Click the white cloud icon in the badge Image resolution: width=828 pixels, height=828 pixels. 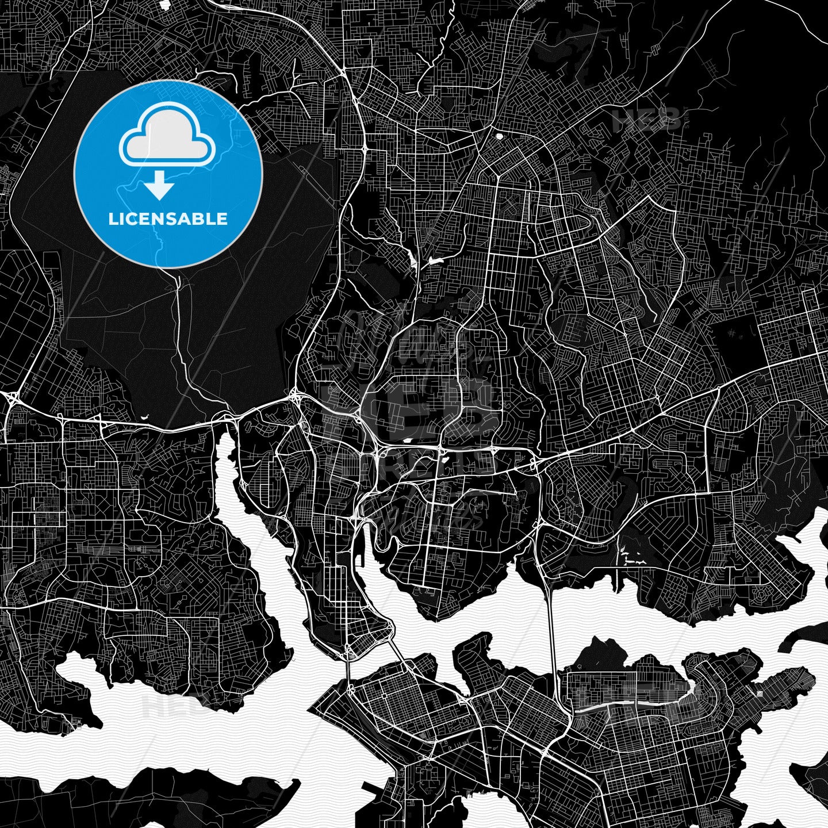[167, 135]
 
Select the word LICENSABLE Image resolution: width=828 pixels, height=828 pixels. [168, 219]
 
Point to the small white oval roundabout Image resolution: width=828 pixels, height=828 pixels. [499, 136]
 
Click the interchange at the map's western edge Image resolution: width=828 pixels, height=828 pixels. [10, 396]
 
